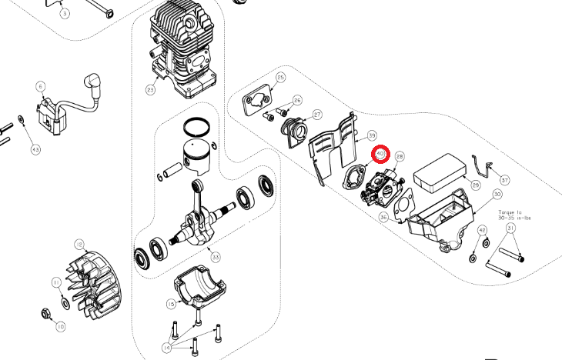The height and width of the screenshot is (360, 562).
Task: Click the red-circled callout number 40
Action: click(x=380, y=154)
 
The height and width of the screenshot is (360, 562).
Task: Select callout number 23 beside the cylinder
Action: click(x=150, y=91)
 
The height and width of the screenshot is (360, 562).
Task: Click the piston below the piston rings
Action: click(x=196, y=153)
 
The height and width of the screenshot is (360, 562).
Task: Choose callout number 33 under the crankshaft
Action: click(x=216, y=256)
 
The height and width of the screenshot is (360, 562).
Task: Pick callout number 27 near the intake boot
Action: click(x=317, y=115)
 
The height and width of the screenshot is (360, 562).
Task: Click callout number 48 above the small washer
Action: click(x=482, y=230)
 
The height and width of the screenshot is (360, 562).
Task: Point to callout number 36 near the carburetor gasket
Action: click(x=383, y=218)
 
